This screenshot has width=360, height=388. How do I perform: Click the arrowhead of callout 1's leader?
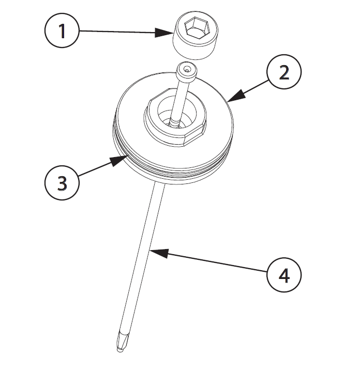163,33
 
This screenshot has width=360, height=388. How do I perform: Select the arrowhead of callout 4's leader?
159,253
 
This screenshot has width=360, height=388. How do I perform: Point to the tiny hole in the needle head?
186,70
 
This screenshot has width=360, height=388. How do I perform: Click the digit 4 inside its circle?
284,275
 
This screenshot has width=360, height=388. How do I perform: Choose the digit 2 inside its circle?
284,72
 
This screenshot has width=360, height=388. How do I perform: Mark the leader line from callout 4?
208,261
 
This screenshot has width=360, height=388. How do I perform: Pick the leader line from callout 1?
126,32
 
